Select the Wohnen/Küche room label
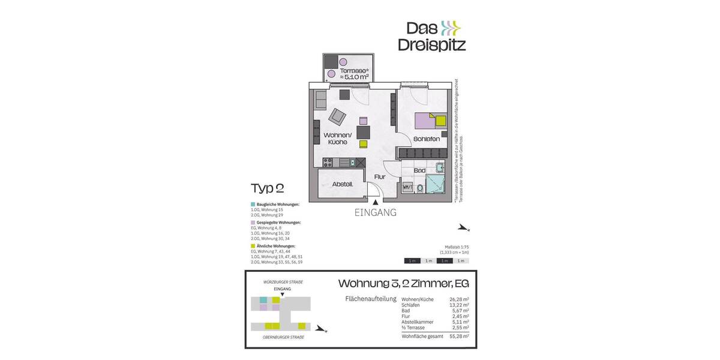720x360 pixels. (335, 139)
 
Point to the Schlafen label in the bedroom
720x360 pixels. (427, 139)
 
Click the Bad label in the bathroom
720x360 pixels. (419, 170)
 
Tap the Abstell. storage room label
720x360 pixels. (341, 185)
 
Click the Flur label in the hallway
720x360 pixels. (380, 178)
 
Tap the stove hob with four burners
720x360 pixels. (329, 162)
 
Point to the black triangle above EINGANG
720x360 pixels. (376, 204)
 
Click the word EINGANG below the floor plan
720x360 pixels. (376, 213)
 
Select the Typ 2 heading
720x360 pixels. (267, 188)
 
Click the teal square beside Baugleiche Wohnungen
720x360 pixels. (253, 205)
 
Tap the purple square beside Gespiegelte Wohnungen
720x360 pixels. (253, 223)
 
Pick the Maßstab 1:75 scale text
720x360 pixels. (456, 247)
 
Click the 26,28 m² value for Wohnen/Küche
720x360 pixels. (459, 299)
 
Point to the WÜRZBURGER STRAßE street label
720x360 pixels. (283, 282)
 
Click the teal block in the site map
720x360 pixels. (263, 299)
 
